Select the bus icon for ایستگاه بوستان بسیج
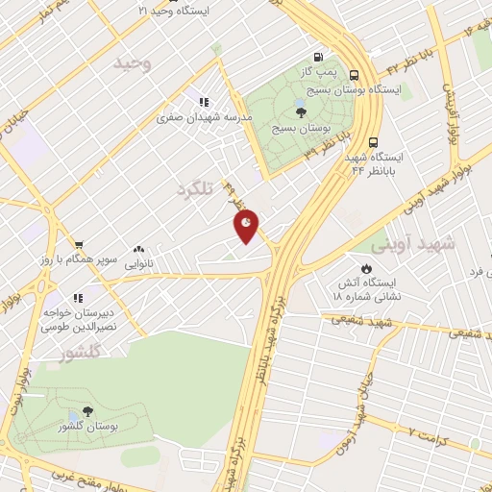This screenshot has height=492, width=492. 356,75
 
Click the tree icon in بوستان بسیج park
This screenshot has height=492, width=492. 303,111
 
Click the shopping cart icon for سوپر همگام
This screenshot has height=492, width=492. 79,244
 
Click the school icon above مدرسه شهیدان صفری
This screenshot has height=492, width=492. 204,102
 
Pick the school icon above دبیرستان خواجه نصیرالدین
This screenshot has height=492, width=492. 78,298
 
